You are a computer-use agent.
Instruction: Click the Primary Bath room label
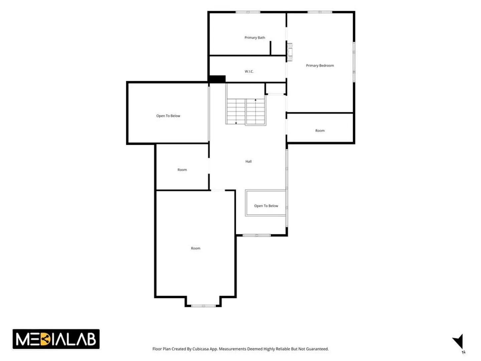point(255,38)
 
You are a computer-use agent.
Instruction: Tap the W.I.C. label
point(249,72)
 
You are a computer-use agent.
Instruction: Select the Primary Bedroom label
point(320,66)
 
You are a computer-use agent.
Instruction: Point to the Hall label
point(248,161)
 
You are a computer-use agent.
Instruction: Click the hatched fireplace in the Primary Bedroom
point(290,52)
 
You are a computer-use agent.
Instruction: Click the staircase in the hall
point(246,112)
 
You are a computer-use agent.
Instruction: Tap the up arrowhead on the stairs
point(255,100)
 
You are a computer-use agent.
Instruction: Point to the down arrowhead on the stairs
point(236,123)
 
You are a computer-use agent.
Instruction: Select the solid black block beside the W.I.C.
point(216,79)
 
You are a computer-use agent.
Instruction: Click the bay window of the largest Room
point(203,306)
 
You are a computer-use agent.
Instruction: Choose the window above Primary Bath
point(248,12)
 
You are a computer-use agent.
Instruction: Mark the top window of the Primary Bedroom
point(320,12)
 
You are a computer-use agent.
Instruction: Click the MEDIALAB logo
point(56,339)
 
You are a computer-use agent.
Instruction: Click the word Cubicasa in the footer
point(200,349)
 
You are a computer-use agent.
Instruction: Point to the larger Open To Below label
point(168,116)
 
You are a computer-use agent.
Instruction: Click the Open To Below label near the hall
point(266,206)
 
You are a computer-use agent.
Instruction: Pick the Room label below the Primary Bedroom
point(320,131)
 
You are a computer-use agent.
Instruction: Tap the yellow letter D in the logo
point(45,339)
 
